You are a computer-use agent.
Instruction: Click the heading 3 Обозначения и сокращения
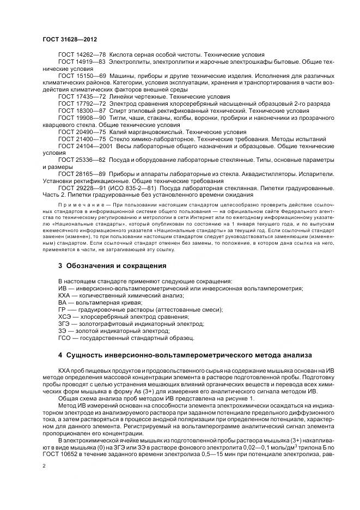click(112, 266)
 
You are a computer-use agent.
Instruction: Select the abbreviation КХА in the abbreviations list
click(64, 295)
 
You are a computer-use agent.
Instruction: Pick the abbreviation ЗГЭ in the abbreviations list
click(64, 324)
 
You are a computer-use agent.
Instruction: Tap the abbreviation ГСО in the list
click(64, 338)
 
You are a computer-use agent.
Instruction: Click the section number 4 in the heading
click(60, 355)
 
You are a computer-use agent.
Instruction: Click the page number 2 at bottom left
click(44, 466)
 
